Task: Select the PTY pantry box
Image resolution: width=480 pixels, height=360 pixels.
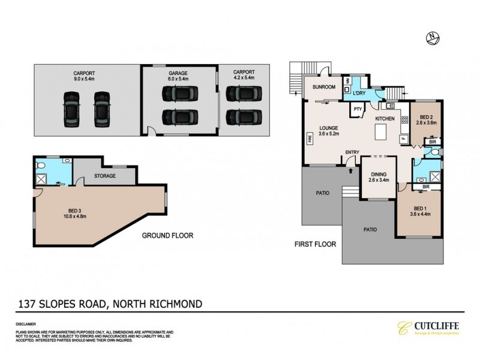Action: click(358, 109)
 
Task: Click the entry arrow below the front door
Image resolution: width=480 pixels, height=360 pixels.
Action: click(350, 170)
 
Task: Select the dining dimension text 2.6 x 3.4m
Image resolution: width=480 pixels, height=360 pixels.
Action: click(377, 178)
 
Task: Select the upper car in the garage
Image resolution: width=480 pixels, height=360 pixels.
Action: click(178, 94)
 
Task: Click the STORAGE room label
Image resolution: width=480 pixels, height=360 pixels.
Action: click(104, 176)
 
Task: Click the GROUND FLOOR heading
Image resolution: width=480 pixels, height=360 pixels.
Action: click(168, 236)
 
